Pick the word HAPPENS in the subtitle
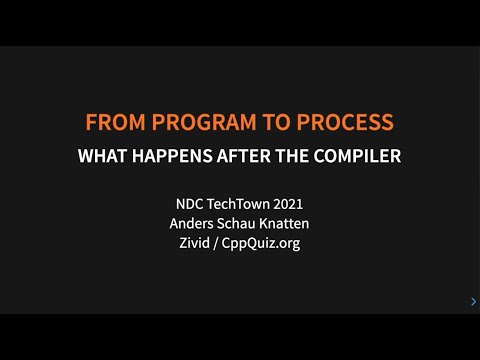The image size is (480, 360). click(176, 156)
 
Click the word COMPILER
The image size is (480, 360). click(354, 156)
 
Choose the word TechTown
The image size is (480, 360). click(236, 205)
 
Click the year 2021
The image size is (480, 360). click(289, 205)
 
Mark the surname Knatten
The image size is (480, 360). click(286, 223)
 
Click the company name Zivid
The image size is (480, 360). click(192, 242)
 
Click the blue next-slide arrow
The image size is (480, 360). click(472, 301)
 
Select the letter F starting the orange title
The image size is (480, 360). click(91, 123)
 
